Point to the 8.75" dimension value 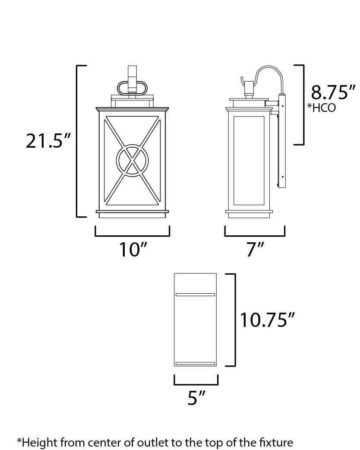point(333,93)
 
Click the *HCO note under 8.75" point(321,108)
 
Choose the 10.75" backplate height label point(268,320)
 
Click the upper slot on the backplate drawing point(195,295)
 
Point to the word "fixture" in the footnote point(276,442)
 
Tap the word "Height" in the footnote point(36,442)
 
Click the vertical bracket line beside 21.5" point(77,141)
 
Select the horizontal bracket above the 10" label point(132,236)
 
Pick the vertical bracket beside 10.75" point(234,320)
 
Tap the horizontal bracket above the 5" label point(196,384)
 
